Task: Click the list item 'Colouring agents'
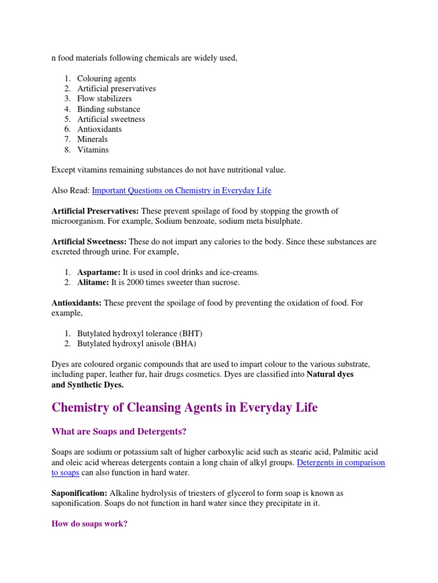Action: click(x=107, y=79)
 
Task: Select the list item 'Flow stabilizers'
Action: click(x=104, y=99)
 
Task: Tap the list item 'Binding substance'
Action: click(x=108, y=109)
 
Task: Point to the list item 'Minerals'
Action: click(x=92, y=139)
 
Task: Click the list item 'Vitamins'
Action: click(x=93, y=150)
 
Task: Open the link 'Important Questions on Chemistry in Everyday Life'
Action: click(x=181, y=191)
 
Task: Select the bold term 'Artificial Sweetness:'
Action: click(x=89, y=242)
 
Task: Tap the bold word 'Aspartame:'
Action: click(x=99, y=273)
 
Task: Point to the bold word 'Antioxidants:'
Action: click(x=76, y=303)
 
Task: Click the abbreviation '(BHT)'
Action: click(x=191, y=334)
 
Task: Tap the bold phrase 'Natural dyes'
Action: click(x=330, y=375)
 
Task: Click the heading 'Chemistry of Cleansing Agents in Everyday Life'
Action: click(x=184, y=408)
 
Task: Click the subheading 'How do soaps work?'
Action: click(x=90, y=524)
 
